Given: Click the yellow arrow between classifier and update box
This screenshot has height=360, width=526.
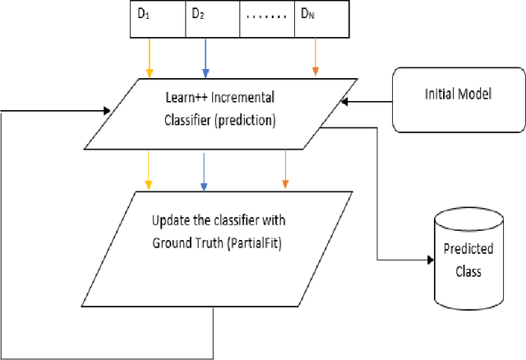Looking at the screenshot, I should click(148, 169).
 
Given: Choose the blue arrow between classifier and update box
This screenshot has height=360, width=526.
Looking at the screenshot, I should click(202, 169).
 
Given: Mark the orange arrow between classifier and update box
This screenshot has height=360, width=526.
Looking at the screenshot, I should click(285, 169).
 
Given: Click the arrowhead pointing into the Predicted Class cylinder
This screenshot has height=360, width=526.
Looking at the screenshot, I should click(428, 261).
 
